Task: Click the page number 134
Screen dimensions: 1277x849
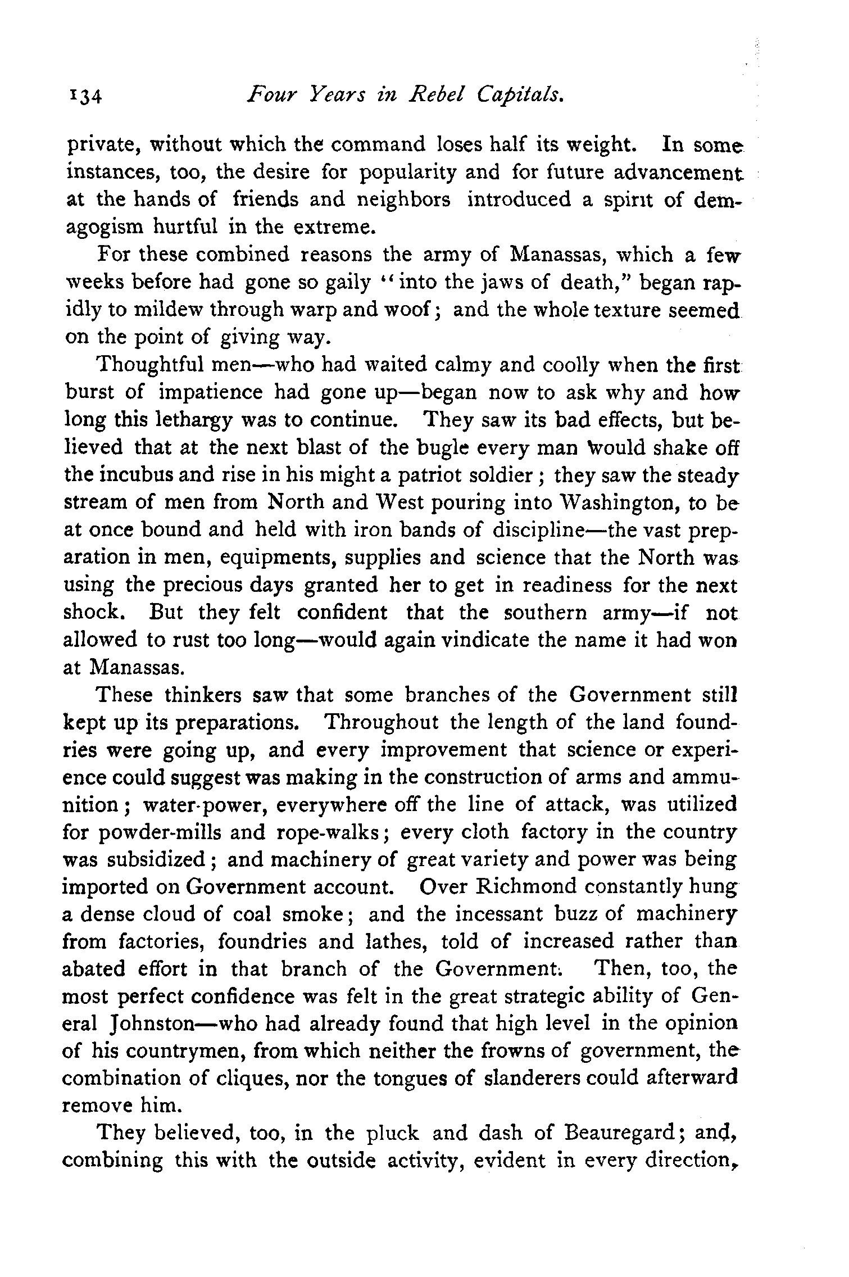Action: pos(85,97)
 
